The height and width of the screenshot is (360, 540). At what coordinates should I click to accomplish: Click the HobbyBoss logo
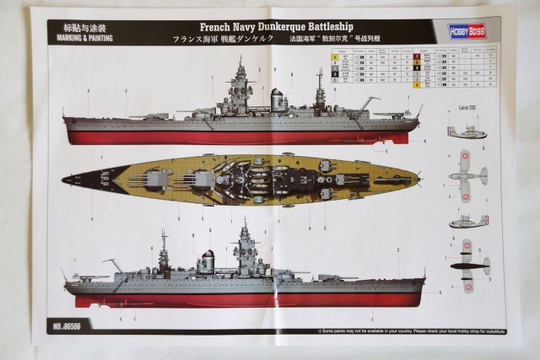pyautogui.click(x=466, y=29)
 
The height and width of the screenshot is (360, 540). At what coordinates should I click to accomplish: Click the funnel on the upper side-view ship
pyautogui.click(x=277, y=99)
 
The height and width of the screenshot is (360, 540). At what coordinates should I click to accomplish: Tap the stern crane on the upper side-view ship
pyautogui.click(x=368, y=104)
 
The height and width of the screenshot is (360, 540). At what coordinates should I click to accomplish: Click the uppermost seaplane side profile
pyautogui.click(x=467, y=133)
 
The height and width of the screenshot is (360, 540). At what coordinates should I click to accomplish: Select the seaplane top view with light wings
pyautogui.click(x=467, y=175)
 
